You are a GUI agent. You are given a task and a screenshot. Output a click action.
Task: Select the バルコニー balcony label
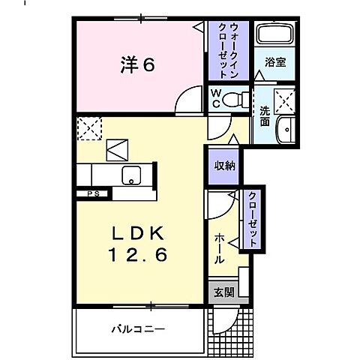click(139, 329)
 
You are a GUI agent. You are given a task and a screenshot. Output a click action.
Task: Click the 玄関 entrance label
click(223, 292)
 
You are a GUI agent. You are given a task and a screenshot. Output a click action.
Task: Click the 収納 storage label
click(224, 165)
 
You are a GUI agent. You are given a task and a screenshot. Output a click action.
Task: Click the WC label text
click(216, 97)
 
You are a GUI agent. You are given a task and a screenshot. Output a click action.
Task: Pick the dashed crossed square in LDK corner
click(88, 127)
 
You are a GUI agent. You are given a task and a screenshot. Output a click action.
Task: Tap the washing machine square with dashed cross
click(284, 99)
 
